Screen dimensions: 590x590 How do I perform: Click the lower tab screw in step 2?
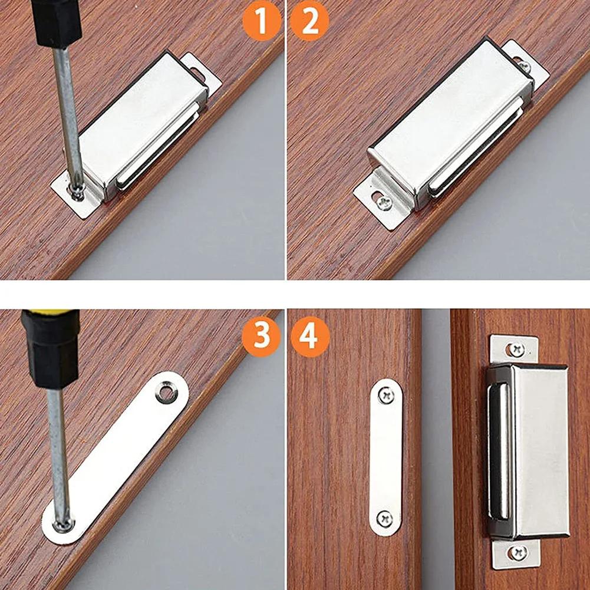click(x=384, y=202)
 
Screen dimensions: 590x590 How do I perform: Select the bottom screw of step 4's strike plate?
click(x=385, y=519)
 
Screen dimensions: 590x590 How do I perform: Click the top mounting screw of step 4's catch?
click(x=517, y=349)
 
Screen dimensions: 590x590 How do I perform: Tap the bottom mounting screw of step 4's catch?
click(x=519, y=552)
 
